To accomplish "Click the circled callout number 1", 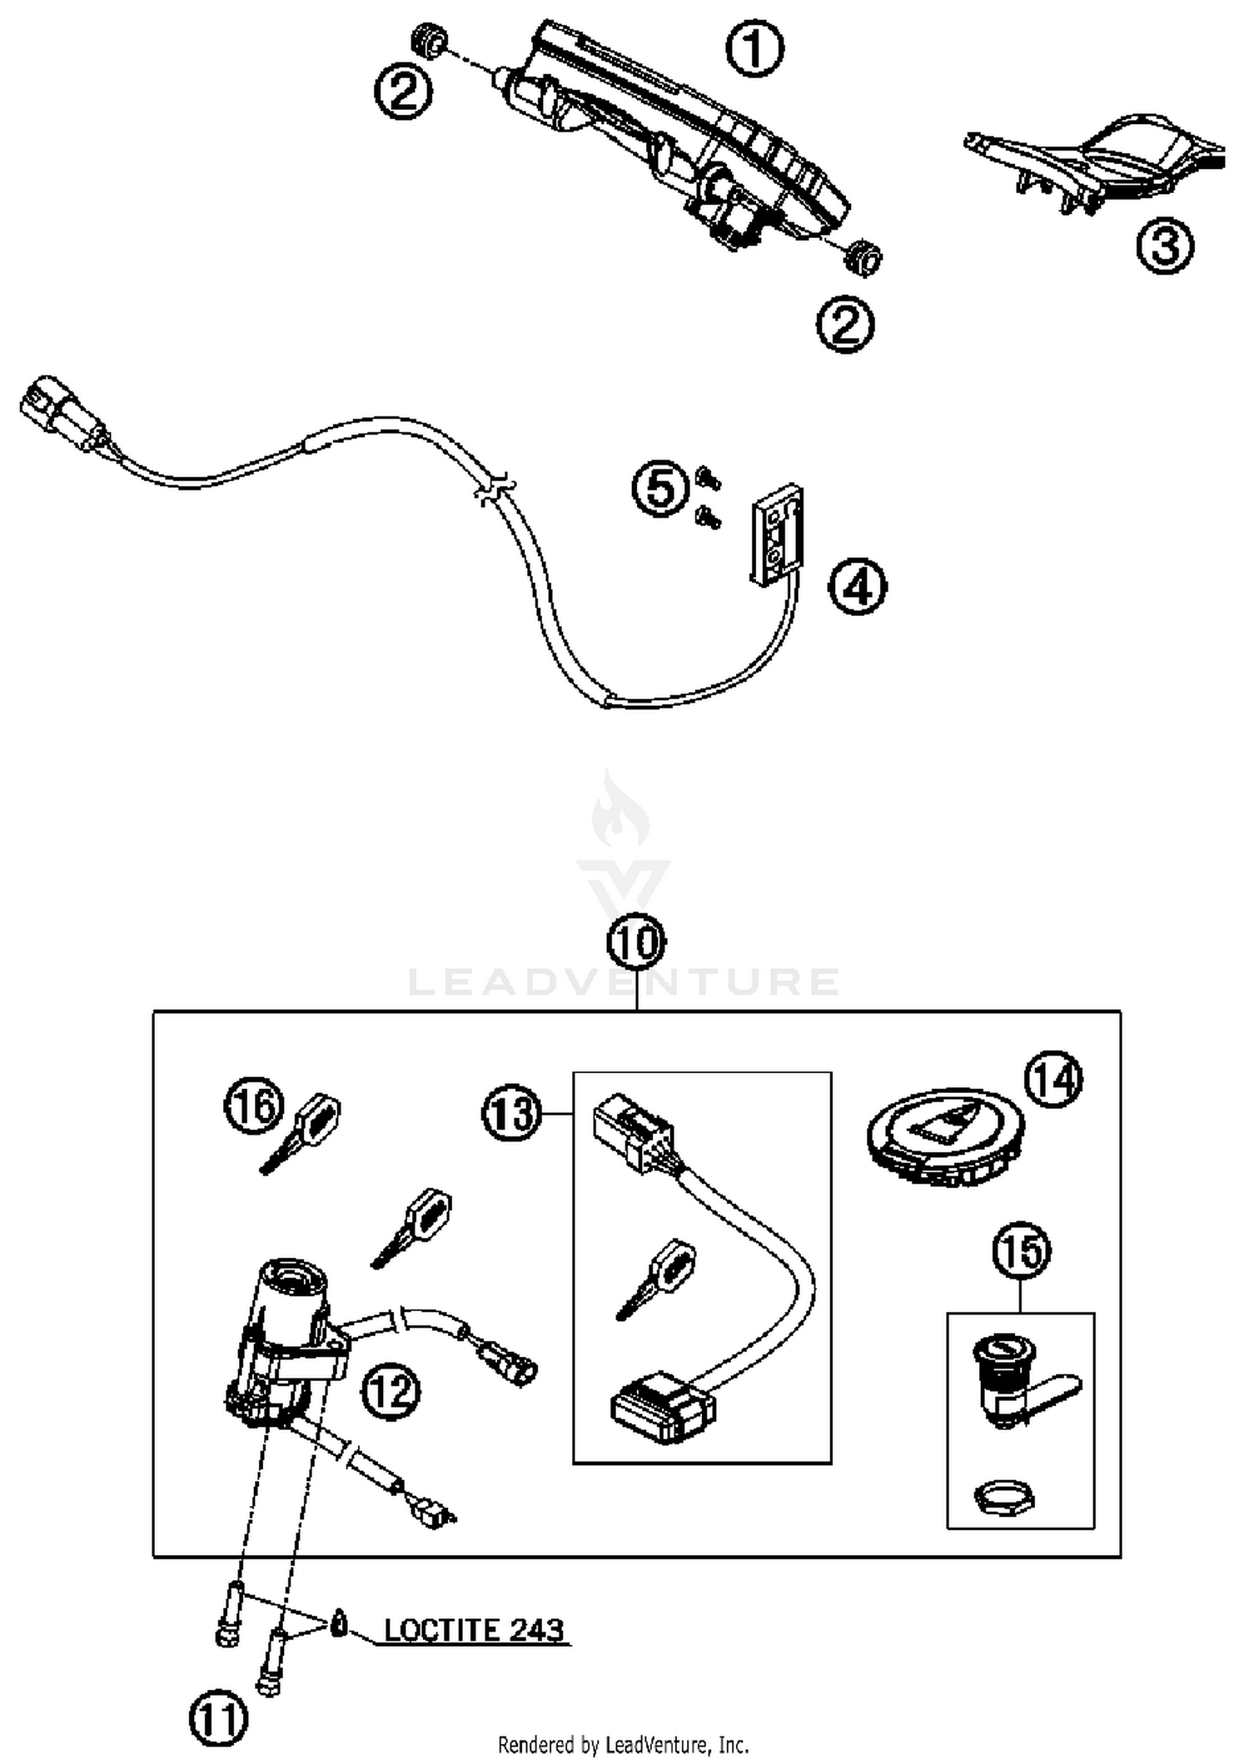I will click(755, 50).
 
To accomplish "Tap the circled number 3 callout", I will click(1165, 246).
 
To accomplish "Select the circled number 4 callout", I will click(857, 587).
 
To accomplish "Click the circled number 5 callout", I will click(660, 489).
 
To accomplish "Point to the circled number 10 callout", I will click(637, 942).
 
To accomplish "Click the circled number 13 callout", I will click(511, 1114).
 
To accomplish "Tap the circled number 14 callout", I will click(1053, 1080).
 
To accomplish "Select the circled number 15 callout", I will click(1022, 1251).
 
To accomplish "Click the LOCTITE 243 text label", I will click(473, 1628).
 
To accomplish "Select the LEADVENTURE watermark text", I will click(624, 982).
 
